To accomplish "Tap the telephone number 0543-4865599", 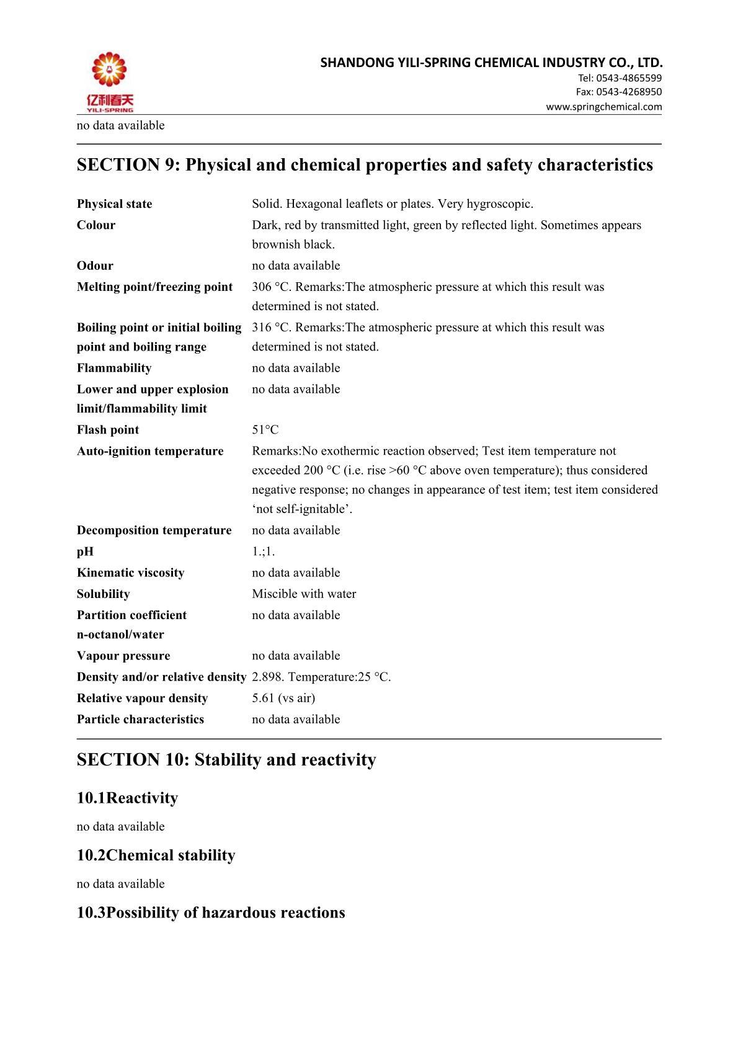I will [x=629, y=78].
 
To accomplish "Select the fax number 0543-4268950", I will [x=629, y=92].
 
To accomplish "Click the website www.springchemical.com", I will [x=603, y=107].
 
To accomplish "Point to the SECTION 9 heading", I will [x=365, y=165].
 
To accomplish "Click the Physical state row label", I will [x=114, y=204].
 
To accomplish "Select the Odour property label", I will [x=95, y=265].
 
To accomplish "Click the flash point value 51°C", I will [x=265, y=430].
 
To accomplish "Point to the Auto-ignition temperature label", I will [x=150, y=451].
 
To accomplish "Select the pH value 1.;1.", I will [x=263, y=551].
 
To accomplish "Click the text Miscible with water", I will [x=304, y=594].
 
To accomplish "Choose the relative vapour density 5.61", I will [x=283, y=698].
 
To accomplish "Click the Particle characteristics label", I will [x=140, y=719].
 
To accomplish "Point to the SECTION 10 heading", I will [x=226, y=760].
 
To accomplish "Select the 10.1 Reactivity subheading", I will [x=127, y=798].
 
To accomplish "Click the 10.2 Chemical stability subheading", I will [x=156, y=855].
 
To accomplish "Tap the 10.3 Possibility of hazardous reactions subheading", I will [x=211, y=912].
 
